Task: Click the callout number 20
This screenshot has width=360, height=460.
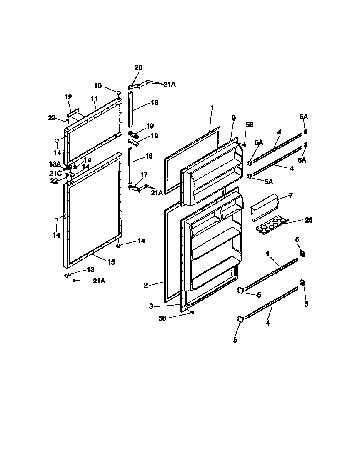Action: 138,67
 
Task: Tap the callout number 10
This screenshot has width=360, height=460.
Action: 98,86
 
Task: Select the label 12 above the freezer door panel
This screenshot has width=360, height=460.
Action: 69,97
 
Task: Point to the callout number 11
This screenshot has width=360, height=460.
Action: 94,99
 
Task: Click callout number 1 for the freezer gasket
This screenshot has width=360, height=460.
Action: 212,107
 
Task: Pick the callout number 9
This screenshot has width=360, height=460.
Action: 233,119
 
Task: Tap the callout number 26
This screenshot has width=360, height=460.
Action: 308,220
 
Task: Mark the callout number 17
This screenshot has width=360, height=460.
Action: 144,175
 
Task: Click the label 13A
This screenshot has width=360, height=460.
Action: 56,164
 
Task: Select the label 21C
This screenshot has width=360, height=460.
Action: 57,172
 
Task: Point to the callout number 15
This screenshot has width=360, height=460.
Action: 111,262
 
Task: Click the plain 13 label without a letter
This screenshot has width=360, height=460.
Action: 90,270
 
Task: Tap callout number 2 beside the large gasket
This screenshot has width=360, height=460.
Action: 146,285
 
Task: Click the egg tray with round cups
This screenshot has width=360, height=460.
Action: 271,226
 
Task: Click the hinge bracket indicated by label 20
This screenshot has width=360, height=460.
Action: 134,86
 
